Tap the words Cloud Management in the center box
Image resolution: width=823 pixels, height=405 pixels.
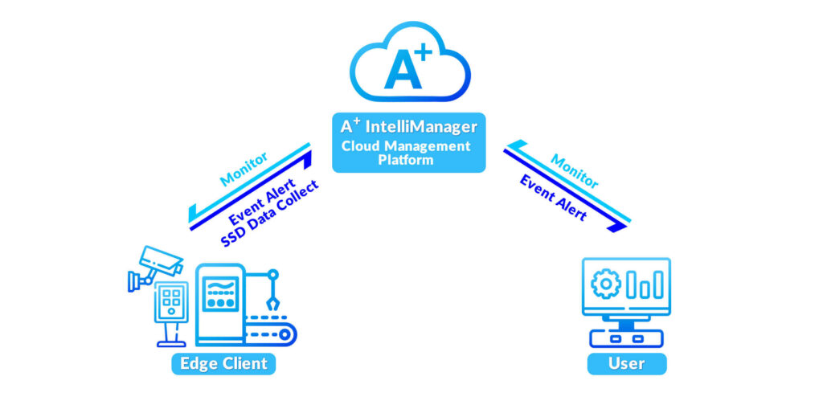coord(406,146)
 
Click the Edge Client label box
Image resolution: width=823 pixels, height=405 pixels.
coord(223,363)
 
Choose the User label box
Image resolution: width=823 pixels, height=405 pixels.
coord(626,363)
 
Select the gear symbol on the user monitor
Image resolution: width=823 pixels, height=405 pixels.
coord(604,284)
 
